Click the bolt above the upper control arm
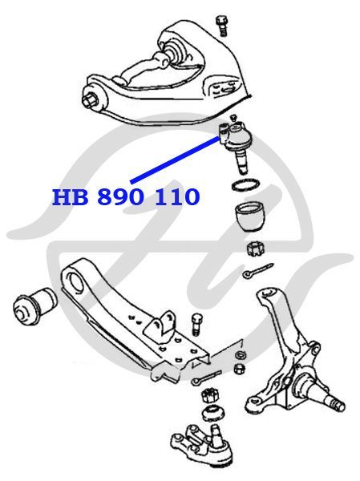point(221,26)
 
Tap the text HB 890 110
point(126,197)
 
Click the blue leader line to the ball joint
point(176,160)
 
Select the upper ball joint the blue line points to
point(236,141)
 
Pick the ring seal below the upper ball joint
point(245,185)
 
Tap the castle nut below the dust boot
point(256,249)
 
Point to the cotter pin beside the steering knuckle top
point(257,270)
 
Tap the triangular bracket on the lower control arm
point(160,325)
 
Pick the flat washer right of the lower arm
point(241,355)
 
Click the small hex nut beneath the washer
point(239,368)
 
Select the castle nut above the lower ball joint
point(209,395)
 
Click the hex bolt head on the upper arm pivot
point(89,99)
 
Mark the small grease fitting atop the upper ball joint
point(234,118)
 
